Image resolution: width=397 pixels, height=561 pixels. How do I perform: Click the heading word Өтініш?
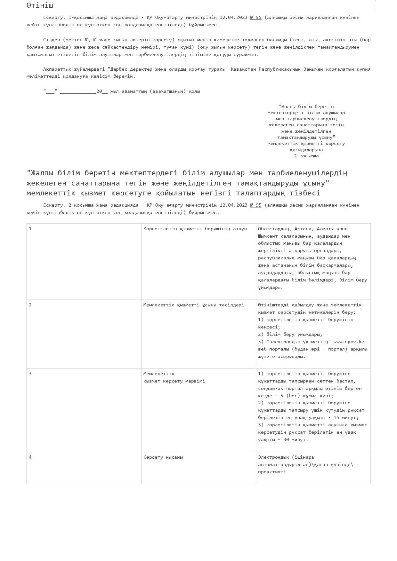pyautogui.click(x=40, y=5)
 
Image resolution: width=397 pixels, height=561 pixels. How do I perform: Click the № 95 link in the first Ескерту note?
pyautogui.click(x=255, y=17)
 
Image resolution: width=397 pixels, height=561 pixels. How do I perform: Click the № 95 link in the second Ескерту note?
pyautogui.click(x=255, y=205)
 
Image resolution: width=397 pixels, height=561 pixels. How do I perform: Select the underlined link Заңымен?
pyautogui.click(x=313, y=69)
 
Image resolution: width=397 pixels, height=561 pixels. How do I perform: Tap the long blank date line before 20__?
pyautogui.click(x=78, y=91)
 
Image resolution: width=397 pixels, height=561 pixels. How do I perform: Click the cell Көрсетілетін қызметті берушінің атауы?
pyautogui.click(x=195, y=229)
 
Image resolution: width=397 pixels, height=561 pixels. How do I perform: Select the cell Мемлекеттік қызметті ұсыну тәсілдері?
pyautogui.click(x=193, y=305)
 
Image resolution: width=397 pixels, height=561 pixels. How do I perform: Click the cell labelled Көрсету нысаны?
pyautogui.click(x=163, y=457)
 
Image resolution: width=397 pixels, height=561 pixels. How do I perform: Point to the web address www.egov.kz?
pyautogui.click(x=349, y=342)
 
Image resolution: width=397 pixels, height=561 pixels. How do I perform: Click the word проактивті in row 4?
pyautogui.click(x=272, y=472)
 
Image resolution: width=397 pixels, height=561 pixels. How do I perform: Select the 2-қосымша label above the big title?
pyautogui.click(x=306, y=156)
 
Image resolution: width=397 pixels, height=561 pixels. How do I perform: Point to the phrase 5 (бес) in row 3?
pyautogui.click(x=288, y=396)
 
